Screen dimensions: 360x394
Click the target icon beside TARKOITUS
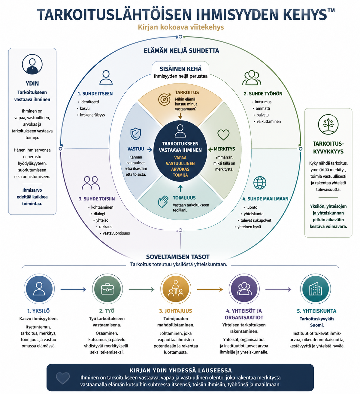tap(165, 99)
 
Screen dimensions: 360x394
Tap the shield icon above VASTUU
tap(136, 134)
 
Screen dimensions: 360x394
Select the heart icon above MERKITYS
tap(223, 135)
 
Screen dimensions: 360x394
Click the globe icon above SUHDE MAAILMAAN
tap(260, 183)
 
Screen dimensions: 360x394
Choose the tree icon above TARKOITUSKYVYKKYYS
tap(328, 124)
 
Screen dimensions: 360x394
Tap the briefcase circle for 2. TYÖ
tap(107, 289)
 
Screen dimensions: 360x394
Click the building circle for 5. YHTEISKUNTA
tap(316, 289)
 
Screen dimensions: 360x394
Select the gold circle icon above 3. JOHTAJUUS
tap(176, 289)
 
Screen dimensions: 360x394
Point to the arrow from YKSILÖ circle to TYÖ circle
tap(73, 289)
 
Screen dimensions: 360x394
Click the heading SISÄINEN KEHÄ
tap(180, 69)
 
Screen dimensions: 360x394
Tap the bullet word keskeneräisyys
tap(92, 115)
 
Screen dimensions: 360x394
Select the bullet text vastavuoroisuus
tap(116, 233)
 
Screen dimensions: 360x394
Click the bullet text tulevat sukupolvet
tap(256, 220)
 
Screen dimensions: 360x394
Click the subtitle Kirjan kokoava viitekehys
tap(181, 27)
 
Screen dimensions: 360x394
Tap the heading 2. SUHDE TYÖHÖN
tap(263, 94)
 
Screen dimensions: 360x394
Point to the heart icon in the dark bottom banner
tap(63, 378)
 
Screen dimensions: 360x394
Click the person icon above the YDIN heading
tap(32, 64)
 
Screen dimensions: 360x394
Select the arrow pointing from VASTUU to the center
tap(150, 150)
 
